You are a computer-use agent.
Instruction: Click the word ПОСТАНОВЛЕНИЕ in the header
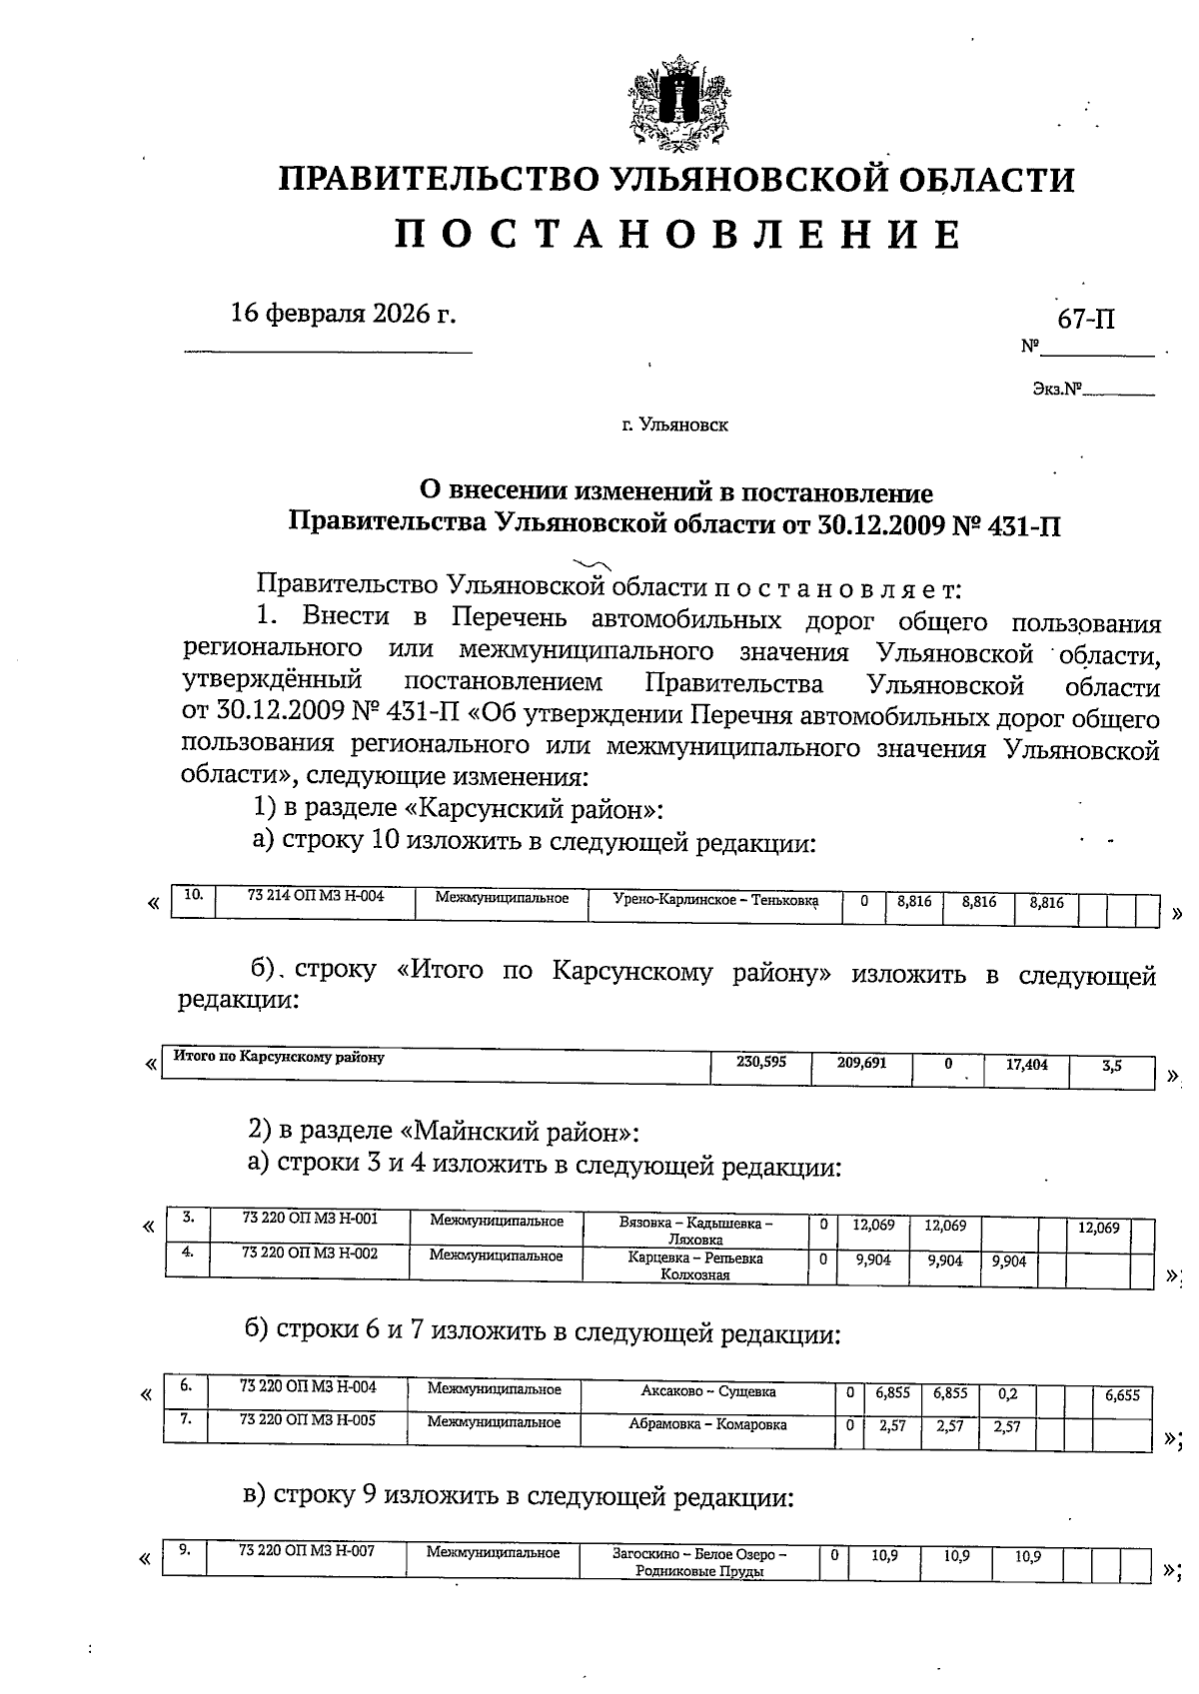[x=677, y=236]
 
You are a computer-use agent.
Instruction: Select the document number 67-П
[x=1086, y=320]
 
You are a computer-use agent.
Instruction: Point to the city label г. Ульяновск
[x=674, y=425]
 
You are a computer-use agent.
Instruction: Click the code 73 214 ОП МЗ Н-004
[x=315, y=897]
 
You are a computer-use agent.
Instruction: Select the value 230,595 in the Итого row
[x=760, y=1063]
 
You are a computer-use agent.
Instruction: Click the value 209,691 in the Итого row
[x=861, y=1063]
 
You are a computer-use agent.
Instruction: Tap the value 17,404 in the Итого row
[x=1026, y=1065]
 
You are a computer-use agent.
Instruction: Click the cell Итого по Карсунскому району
[x=279, y=1056]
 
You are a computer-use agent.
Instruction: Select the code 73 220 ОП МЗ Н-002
[x=310, y=1254]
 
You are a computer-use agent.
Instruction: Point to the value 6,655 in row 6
[x=1122, y=1396]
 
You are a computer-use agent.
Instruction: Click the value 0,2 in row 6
[x=1007, y=1393]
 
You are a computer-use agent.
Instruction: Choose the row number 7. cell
[x=186, y=1418]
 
